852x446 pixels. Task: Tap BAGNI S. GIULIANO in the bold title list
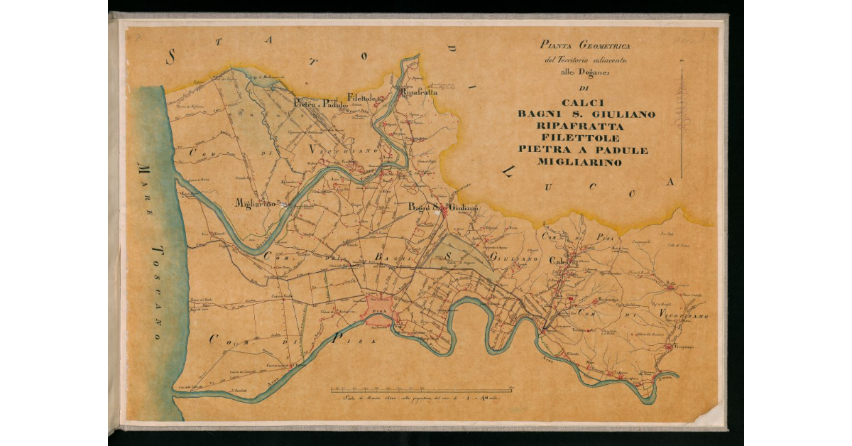(x=586, y=114)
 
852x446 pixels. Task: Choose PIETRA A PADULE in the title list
(x=583, y=150)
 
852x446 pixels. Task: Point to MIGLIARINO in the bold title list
(x=579, y=162)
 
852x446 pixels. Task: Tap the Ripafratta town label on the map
(x=419, y=92)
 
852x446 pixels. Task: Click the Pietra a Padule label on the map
(x=319, y=104)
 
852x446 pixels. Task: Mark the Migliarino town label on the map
(x=255, y=203)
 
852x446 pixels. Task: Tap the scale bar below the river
(x=422, y=391)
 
